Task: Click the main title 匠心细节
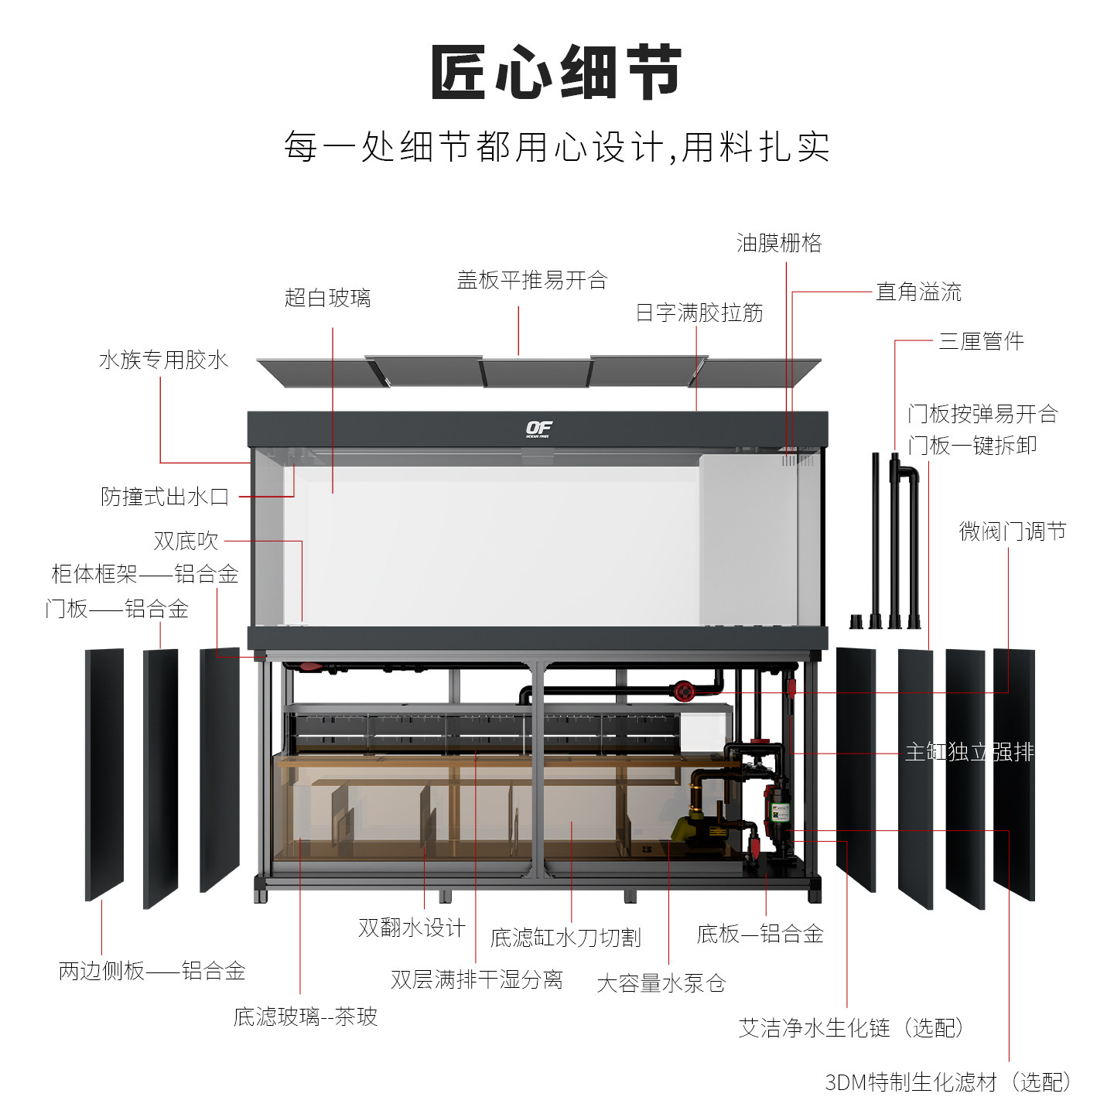coord(556,72)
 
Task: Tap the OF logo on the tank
coord(538,429)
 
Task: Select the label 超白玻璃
coord(327,298)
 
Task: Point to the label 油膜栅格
coord(779,243)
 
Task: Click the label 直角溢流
coord(918,292)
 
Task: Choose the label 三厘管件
coord(981,340)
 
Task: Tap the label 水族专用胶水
coord(163,360)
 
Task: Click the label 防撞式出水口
coord(165,497)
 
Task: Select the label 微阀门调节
coord(1013,531)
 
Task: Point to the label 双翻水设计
coord(412,928)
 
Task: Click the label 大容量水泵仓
coord(661,983)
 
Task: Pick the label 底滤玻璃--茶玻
coord(306,1017)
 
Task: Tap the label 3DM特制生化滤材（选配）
coord(948,1082)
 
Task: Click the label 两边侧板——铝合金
coord(152,971)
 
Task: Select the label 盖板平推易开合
coord(532,280)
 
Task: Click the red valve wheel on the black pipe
coord(682,691)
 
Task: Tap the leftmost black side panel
coord(104,774)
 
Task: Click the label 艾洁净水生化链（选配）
coord(852,1028)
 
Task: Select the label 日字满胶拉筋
coord(699,313)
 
